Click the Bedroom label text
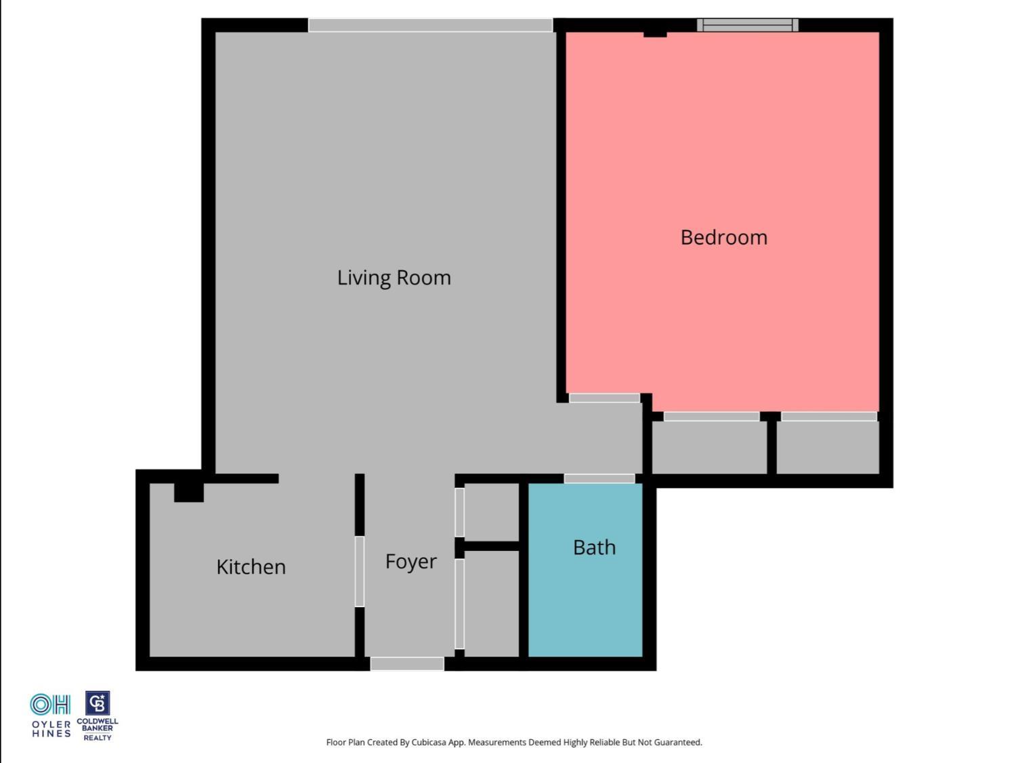tap(723, 237)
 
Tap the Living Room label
tap(394, 278)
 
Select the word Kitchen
tap(251, 566)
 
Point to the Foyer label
tap(410, 561)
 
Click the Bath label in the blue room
tap(594, 547)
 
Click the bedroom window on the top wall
tap(747, 25)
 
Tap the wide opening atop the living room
tap(430, 25)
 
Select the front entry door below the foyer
tap(407, 664)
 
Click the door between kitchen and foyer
tap(360, 571)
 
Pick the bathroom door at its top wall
tap(599, 478)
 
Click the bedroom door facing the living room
tap(604, 398)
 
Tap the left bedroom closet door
tap(711, 416)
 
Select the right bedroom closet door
tap(828, 416)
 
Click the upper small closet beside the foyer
tap(492, 511)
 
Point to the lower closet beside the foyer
tap(492, 603)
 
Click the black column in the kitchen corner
tap(188, 491)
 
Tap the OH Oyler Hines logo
tap(51, 715)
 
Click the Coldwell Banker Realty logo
tap(98, 716)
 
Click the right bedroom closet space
tap(828, 447)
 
